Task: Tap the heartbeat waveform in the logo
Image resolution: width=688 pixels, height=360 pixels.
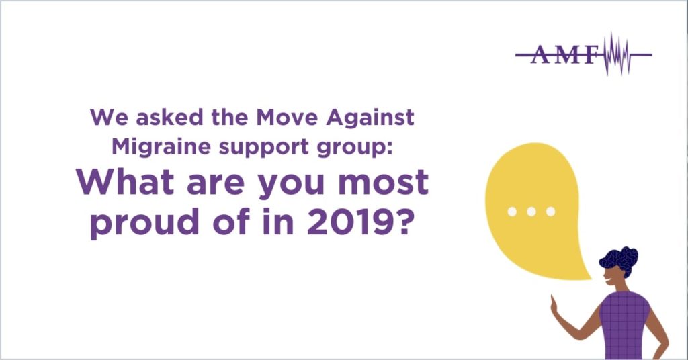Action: pyautogui.click(x=615, y=54)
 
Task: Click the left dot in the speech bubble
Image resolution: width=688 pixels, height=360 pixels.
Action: pyautogui.click(x=512, y=212)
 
